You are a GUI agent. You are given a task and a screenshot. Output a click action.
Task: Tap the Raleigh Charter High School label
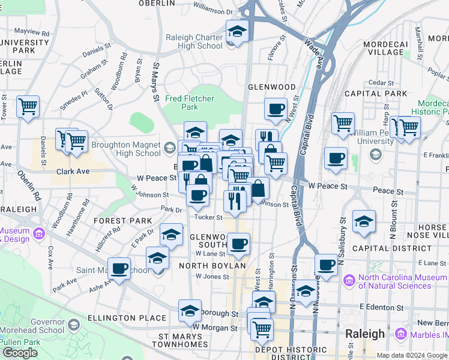pos(194,41)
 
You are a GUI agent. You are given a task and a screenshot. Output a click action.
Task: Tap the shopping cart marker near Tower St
pos(28,107)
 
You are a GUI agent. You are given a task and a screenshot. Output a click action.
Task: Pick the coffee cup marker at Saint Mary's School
pos(119,269)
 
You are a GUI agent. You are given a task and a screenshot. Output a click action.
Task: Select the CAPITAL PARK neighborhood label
pos(379,94)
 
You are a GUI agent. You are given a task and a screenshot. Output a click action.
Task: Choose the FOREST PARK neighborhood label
pos(123,221)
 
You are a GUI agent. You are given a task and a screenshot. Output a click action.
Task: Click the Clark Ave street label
pos(73,171)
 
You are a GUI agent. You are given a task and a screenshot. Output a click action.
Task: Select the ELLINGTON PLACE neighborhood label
pos(126,317)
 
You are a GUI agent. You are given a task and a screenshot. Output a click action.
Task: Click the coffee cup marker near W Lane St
pos(238,244)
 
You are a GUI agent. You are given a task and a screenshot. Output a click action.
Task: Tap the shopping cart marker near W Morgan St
pos(262,328)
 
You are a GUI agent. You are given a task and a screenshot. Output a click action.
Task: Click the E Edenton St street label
pos(380,306)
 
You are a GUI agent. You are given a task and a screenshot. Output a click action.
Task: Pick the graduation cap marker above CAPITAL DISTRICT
pos(364,222)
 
